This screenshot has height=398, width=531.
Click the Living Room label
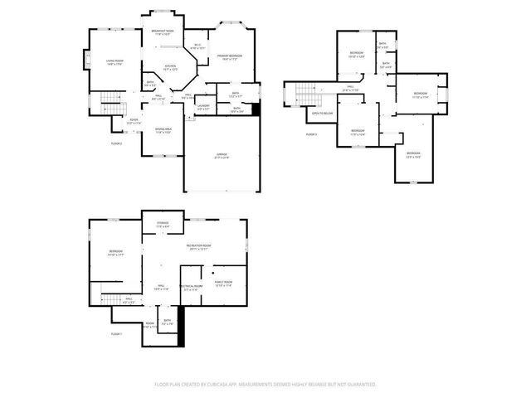(114, 61)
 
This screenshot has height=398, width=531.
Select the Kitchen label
(169, 66)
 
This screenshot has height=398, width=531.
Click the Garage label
(222, 154)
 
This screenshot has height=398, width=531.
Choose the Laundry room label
(203, 105)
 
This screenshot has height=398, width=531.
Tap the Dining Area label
(163, 129)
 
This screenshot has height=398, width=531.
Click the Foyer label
(133, 120)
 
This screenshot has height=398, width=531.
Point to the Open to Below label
(322, 112)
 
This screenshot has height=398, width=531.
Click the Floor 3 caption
(311, 133)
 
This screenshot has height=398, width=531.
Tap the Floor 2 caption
(116, 143)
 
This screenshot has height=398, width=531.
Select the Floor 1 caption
(116, 333)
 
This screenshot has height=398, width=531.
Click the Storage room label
(163, 223)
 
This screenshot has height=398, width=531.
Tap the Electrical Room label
(189, 288)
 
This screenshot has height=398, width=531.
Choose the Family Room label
(223, 283)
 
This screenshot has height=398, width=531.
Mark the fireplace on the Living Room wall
(85, 61)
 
